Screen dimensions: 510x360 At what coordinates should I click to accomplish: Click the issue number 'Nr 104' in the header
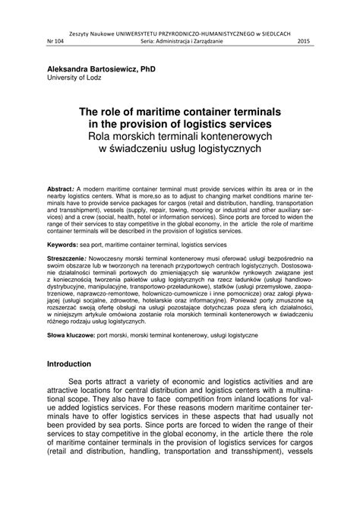coord(56,40)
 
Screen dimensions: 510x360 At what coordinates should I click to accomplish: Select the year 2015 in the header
coord(303,40)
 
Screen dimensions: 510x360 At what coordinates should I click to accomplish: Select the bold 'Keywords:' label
coord(67,225)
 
